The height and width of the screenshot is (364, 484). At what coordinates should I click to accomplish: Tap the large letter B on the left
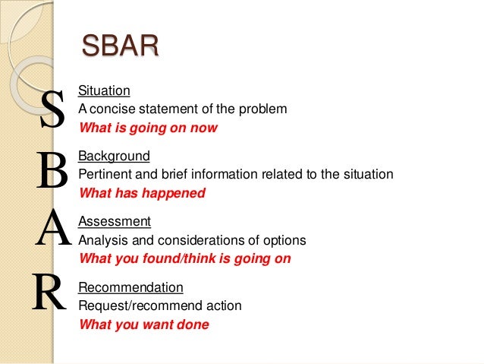tap(52, 173)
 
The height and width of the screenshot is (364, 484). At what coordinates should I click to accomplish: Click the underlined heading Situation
tap(105, 90)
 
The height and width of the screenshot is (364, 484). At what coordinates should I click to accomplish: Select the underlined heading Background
tap(115, 156)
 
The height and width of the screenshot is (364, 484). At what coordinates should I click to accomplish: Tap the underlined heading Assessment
tap(115, 221)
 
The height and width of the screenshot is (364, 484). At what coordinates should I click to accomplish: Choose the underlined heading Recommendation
tap(130, 287)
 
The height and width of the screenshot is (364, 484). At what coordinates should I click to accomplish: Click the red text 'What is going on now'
tap(148, 128)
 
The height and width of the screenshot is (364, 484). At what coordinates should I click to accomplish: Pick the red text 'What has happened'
tap(142, 193)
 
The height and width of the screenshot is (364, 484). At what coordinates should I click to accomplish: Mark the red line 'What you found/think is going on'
tap(184, 258)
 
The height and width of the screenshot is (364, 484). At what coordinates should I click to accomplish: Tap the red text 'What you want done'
tap(143, 324)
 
